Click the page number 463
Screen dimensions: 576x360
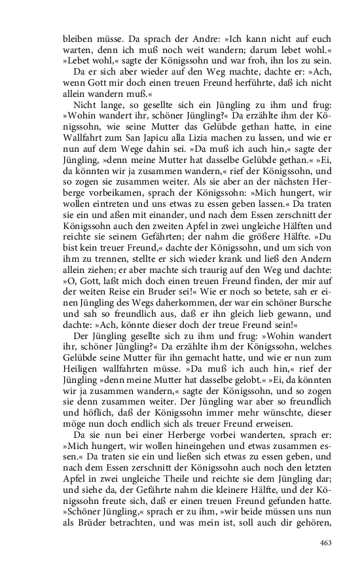[x=326, y=543]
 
